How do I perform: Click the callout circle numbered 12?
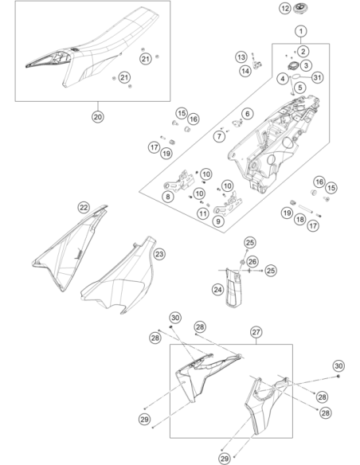[284, 8]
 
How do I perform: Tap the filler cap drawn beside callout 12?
[301, 8]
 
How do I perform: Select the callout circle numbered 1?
[301, 31]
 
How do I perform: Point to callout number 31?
[317, 77]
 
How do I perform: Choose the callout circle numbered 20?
[98, 117]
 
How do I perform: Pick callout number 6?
[247, 113]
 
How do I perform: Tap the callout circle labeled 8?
[168, 197]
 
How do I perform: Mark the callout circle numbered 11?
[203, 213]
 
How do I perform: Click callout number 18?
[300, 219]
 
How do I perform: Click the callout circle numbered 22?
[84, 207]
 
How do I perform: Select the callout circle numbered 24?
[218, 290]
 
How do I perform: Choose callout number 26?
[252, 261]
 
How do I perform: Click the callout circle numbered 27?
[256, 332]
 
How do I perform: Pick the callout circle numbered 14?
[245, 71]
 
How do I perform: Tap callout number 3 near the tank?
[306, 65]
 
